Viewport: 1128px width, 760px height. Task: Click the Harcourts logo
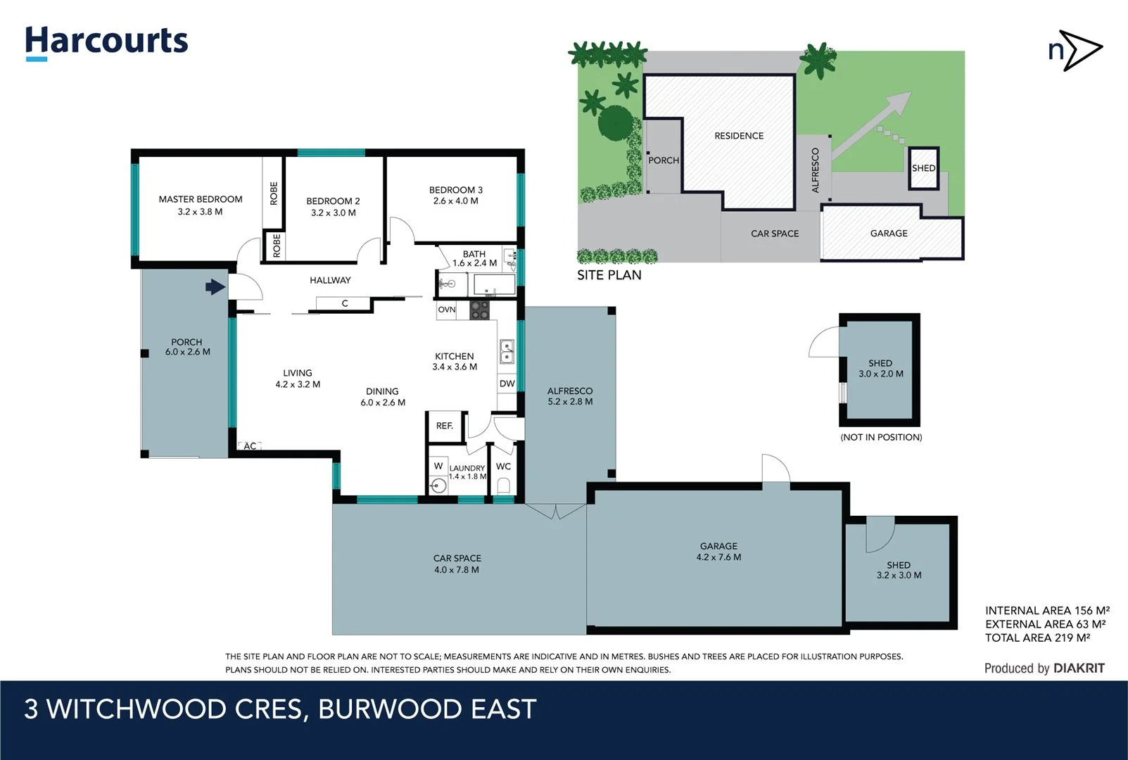(x=106, y=42)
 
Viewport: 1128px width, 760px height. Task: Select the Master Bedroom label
(x=200, y=199)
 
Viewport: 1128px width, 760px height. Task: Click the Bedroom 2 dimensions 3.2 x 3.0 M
(x=333, y=213)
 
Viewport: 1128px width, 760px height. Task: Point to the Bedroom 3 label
(x=455, y=190)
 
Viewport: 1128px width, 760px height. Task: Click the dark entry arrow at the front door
(x=215, y=286)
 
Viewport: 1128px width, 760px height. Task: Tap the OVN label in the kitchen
(x=446, y=310)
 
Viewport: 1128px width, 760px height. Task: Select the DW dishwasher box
(x=507, y=384)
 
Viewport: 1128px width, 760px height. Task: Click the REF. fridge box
(x=445, y=426)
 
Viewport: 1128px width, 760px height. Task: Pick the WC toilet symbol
(x=503, y=485)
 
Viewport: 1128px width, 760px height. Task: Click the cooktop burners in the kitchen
(x=479, y=310)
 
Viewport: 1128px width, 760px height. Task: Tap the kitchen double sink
(x=507, y=350)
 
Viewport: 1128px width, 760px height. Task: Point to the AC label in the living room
(x=250, y=446)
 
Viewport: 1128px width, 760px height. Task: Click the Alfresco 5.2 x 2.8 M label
(x=570, y=396)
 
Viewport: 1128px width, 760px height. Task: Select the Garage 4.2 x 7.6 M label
(x=718, y=552)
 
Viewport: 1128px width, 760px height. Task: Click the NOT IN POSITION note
(x=880, y=437)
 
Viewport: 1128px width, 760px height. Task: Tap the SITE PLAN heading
(x=609, y=275)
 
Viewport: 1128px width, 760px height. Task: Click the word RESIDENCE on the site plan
(x=738, y=136)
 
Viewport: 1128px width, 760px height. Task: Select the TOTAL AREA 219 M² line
(x=1037, y=638)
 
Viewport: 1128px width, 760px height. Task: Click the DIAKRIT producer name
(x=1078, y=669)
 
